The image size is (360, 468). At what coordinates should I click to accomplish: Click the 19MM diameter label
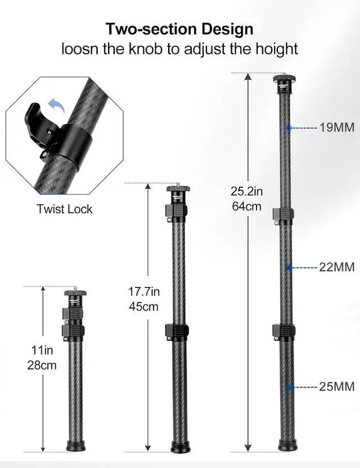[337, 128]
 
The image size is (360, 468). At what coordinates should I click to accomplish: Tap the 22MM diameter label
[337, 267]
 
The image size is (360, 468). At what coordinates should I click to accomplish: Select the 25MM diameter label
[337, 386]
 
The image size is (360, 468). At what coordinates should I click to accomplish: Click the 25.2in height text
[246, 191]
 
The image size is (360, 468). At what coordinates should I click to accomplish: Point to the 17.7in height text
[144, 291]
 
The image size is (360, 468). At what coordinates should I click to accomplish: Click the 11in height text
[42, 350]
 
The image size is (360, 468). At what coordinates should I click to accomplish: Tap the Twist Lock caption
[65, 209]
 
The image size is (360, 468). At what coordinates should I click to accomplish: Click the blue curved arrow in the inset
[57, 105]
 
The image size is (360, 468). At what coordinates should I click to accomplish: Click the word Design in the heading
[227, 29]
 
